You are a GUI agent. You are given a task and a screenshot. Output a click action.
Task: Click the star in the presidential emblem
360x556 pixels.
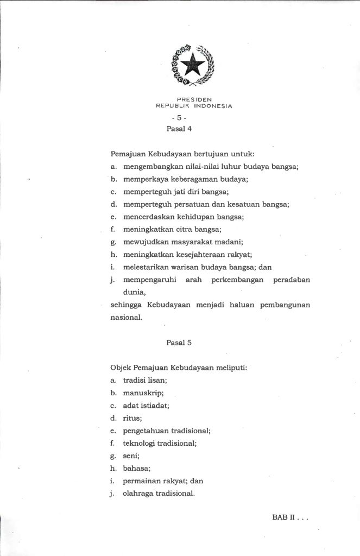coord(193,66)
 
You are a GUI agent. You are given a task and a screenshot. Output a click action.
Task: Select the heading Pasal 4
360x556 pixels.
coord(179,129)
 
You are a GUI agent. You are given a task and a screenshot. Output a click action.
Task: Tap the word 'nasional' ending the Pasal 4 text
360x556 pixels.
coord(126,318)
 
